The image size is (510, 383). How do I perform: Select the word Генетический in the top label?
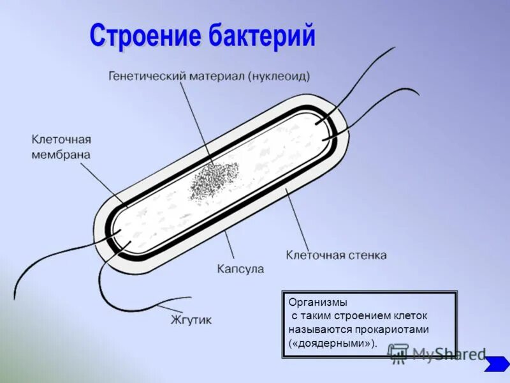click(x=146, y=76)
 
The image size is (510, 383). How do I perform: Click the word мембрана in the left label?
click(x=61, y=154)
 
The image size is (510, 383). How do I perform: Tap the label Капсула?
click(x=240, y=269)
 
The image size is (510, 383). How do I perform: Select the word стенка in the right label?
click(x=366, y=255)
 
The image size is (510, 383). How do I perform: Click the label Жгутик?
click(x=191, y=320)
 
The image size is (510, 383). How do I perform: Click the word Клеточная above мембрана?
click(x=61, y=140)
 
